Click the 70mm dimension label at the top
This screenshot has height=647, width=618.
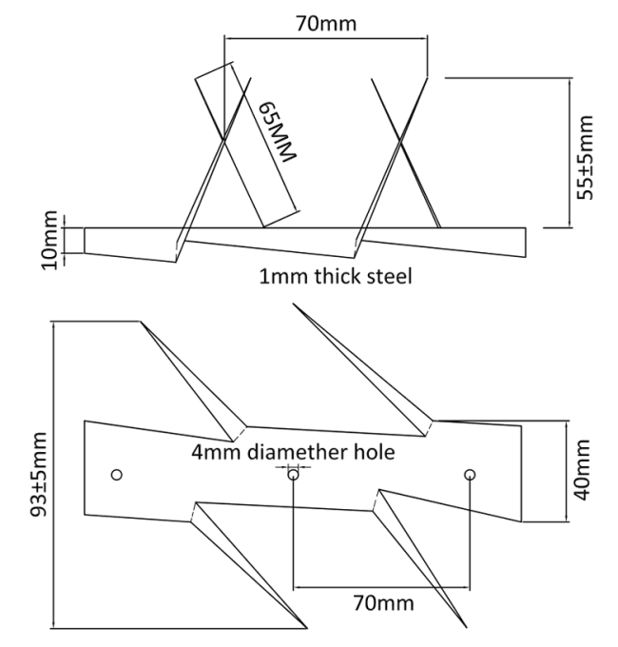point(326,24)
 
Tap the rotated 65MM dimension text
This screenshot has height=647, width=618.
point(277,131)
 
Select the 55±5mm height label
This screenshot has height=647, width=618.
point(585,158)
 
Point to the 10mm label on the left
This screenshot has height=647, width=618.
point(49,240)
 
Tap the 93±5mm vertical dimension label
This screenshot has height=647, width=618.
point(40,475)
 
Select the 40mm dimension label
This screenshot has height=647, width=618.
point(582,470)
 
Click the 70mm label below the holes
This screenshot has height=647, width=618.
point(383,603)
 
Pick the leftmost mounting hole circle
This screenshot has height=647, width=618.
point(117,475)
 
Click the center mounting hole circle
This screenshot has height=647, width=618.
point(293,475)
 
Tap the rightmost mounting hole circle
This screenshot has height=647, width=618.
point(470,475)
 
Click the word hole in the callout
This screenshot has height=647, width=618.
point(375,452)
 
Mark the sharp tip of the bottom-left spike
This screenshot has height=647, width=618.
point(307,628)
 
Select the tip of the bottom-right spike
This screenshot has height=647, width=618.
point(466,628)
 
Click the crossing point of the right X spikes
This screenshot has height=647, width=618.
point(400,140)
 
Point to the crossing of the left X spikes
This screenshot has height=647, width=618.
point(223,140)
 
